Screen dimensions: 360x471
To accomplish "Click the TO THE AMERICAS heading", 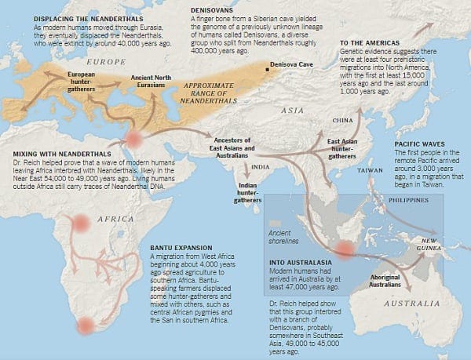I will coord(372,41).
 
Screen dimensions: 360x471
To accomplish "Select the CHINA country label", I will coord(344,121).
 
